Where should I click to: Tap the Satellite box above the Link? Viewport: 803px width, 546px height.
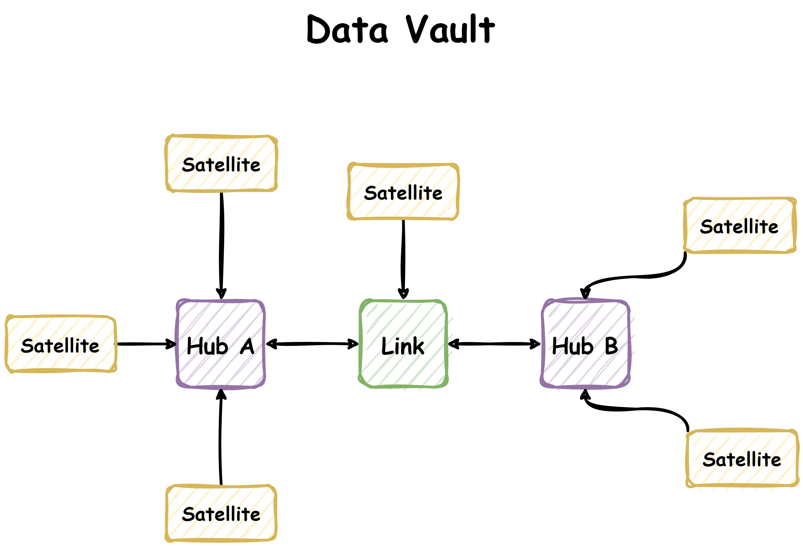tap(403, 192)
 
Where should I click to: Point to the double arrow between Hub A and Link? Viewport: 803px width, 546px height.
tap(312, 344)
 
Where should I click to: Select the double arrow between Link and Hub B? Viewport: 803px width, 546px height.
tap(494, 344)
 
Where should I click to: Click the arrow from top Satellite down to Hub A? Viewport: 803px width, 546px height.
tap(221, 242)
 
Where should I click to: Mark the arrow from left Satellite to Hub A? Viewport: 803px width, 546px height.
tap(145, 344)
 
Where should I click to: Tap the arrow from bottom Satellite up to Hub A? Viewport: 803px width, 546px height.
tap(220, 439)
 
